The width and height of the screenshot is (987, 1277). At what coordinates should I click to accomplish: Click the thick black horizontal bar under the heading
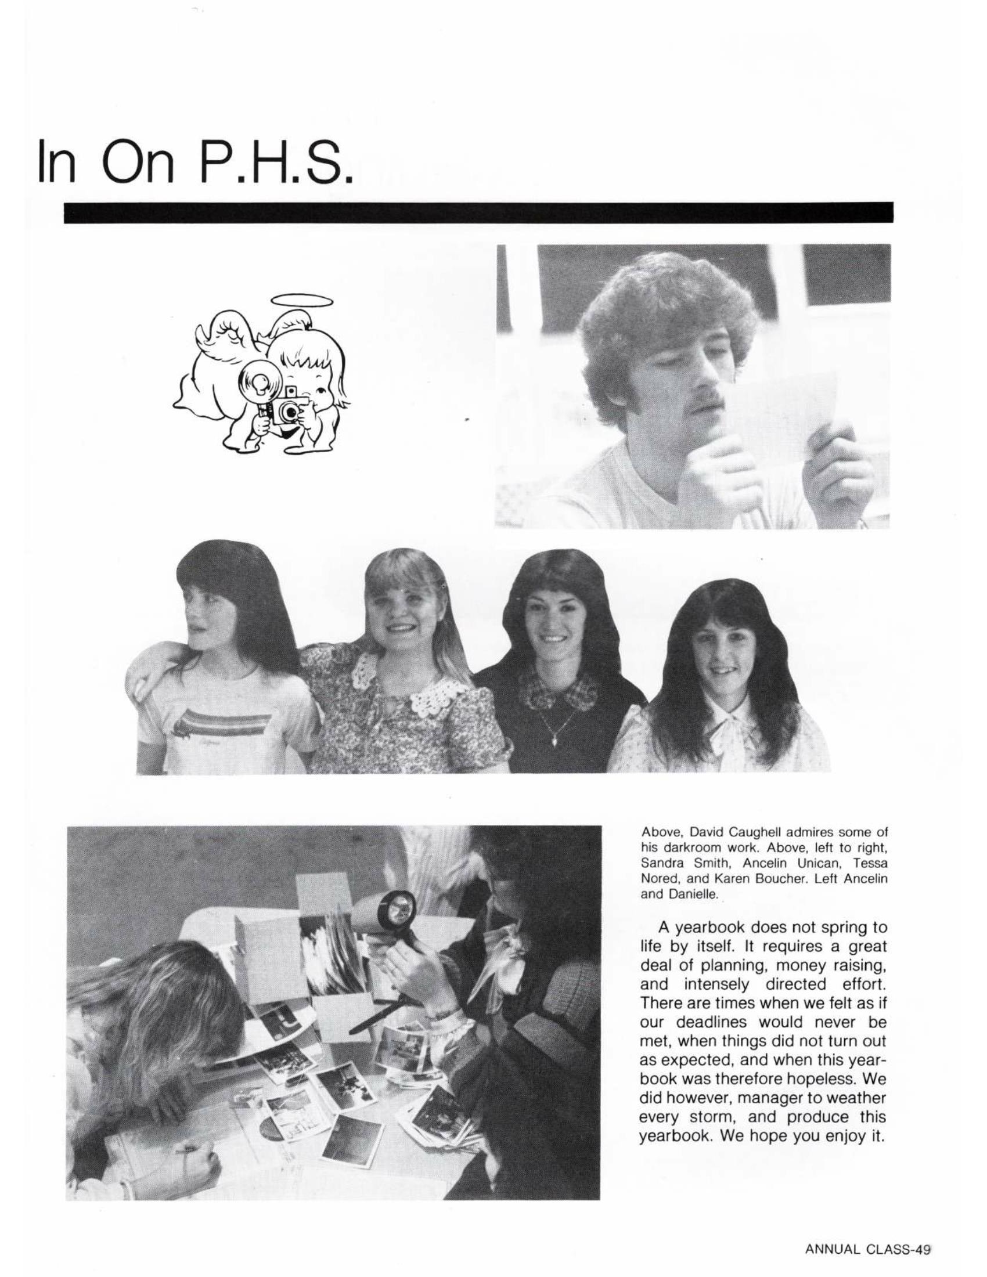click(478, 212)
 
